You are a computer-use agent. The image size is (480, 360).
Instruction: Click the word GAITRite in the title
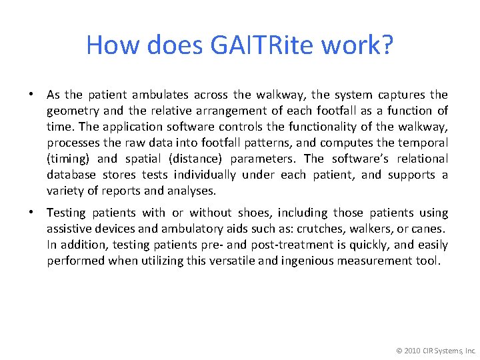point(273,45)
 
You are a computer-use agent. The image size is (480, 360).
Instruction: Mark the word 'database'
point(71,175)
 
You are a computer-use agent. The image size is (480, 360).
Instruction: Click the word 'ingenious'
point(309,261)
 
